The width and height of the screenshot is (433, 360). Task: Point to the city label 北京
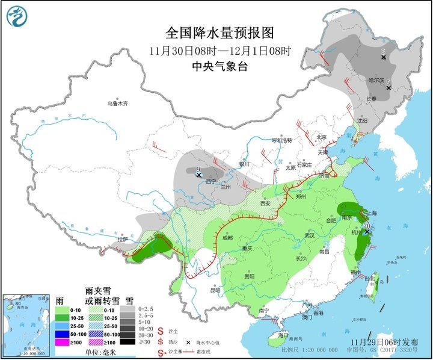tap(322, 137)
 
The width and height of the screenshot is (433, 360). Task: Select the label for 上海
tap(372, 213)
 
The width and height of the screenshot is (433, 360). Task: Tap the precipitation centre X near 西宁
tap(198, 175)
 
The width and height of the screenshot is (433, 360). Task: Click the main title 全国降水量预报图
tap(216, 32)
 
